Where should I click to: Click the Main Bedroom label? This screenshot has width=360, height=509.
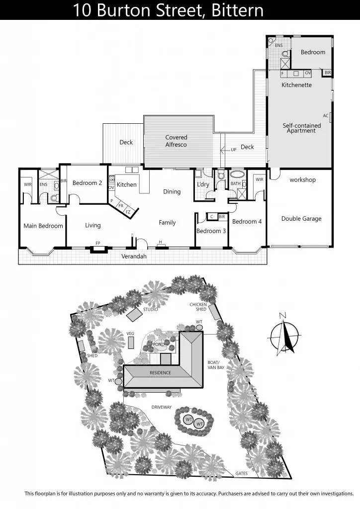[43, 226]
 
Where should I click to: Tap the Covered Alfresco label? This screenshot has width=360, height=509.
[176, 141]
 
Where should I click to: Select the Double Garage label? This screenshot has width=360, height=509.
[301, 219]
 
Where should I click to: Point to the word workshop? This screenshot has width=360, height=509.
[302, 180]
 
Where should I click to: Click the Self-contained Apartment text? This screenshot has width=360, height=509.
[301, 128]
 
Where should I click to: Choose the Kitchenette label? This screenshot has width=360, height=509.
[296, 85]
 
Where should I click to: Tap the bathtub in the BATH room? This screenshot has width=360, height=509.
[236, 175]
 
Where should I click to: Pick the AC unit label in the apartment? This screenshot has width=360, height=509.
[326, 116]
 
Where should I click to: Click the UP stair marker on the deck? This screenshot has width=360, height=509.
[233, 149]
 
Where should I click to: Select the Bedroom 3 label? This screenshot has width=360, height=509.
[211, 231]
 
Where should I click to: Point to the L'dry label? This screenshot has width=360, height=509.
[203, 184]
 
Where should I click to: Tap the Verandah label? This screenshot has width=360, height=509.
[134, 257]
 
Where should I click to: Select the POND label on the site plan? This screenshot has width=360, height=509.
[159, 344]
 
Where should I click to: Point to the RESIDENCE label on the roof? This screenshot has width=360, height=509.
[160, 372]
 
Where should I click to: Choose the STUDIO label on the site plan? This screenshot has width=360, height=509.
[150, 309]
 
